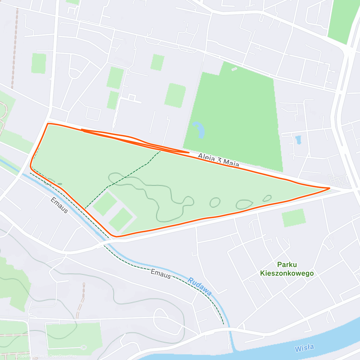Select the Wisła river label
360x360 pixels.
tap(304, 348)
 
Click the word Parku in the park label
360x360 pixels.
tap(287, 265)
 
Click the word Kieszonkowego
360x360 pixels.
tap(287, 273)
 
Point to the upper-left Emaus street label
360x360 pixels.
tap(59, 205)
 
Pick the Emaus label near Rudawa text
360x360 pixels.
tap(161, 274)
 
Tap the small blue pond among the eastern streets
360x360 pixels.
tap(298, 140)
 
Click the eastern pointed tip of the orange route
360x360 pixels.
tap(329, 188)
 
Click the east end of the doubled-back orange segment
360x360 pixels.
tap(189, 152)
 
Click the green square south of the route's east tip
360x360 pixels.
tap(294, 218)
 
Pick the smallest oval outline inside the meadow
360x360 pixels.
tap(267, 198)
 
